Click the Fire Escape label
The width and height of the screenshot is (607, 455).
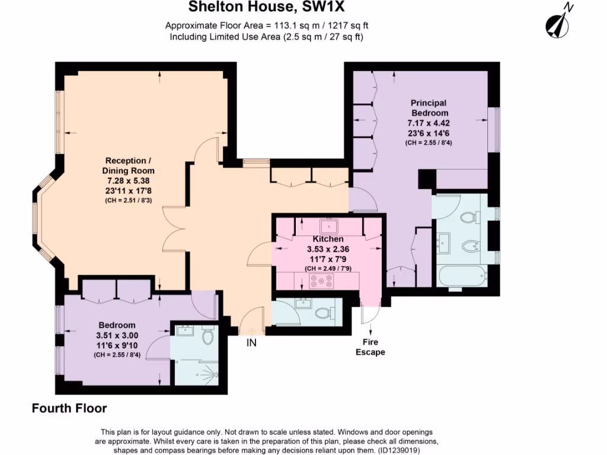370,347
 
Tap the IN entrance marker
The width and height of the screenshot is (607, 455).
251,342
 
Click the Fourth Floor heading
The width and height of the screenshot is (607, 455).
69,408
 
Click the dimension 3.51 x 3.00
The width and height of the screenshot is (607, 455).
117,335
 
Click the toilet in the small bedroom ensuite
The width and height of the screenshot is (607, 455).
207,336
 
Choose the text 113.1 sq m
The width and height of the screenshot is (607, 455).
290,25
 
